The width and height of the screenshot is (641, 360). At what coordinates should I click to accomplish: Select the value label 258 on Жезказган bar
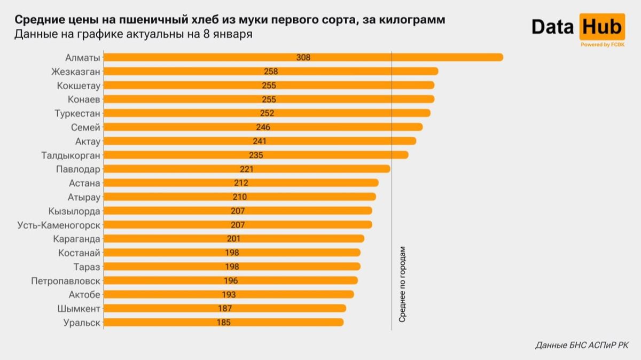coord(271,71)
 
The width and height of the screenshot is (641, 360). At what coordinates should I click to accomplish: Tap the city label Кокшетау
coord(79,85)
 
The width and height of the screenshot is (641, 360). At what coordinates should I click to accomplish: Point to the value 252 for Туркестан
coord(267,113)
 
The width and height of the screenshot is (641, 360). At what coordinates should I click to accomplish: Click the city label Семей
coord(85,127)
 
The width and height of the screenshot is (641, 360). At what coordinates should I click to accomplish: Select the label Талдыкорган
coord(71,155)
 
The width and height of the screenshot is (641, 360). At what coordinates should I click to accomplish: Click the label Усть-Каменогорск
coord(59,225)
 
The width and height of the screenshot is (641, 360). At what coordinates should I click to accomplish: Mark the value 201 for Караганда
coord(233,239)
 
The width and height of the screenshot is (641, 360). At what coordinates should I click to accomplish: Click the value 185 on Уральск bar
coord(224,322)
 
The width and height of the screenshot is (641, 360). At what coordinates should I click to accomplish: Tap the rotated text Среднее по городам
coord(403,284)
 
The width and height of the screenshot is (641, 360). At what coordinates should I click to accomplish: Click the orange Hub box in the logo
coord(601,26)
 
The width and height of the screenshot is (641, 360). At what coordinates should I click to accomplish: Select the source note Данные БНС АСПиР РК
coord(582,346)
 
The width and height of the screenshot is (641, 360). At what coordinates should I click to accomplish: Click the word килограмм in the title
coord(410,20)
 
